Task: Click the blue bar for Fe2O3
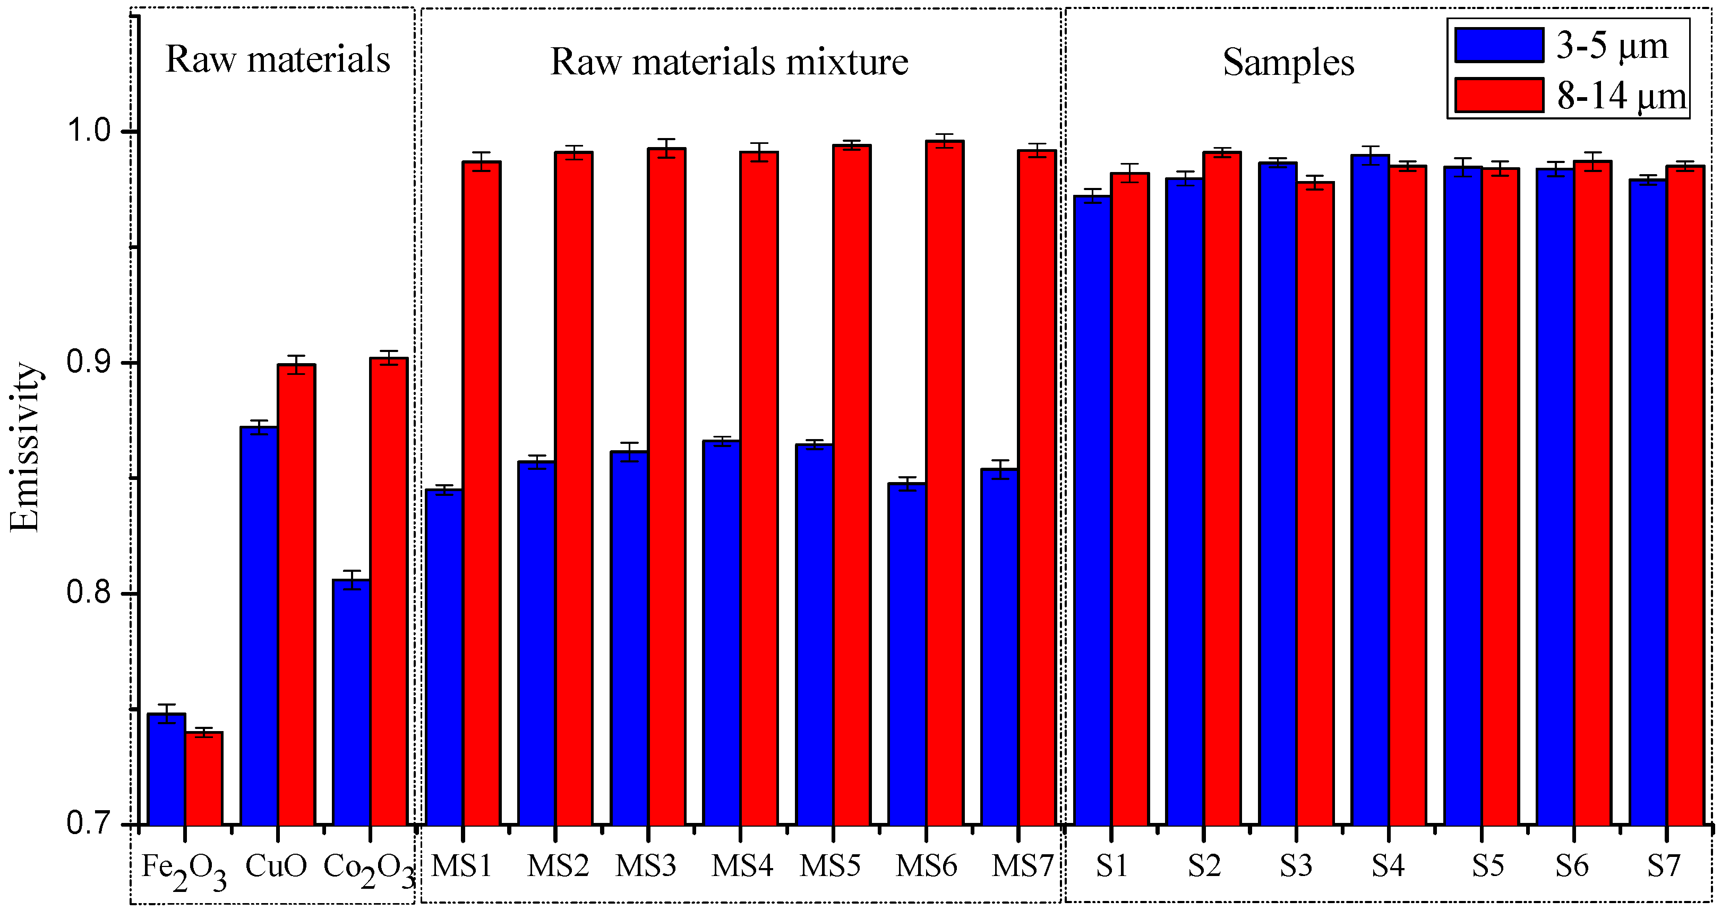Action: (166, 768)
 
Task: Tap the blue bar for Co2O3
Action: (352, 701)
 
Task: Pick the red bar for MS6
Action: (944, 481)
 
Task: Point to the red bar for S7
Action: (1685, 494)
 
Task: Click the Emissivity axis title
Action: (25, 447)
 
